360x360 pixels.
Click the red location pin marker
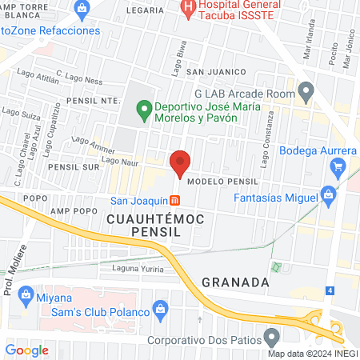pyautogui.click(x=180, y=163)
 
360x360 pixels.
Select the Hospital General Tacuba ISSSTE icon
pyautogui.click(x=188, y=10)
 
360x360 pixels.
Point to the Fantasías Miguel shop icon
pyautogui.click(x=326, y=194)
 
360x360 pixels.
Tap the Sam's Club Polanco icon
pyautogui.click(x=159, y=308)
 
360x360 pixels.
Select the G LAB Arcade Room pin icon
pyautogui.click(x=304, y=88)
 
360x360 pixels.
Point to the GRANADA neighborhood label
pyautogui.click(x=233, y=282)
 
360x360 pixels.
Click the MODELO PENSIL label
pyautogui.click(x=224, y=182)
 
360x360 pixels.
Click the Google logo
pyautogui.click(x=26, y=350)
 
